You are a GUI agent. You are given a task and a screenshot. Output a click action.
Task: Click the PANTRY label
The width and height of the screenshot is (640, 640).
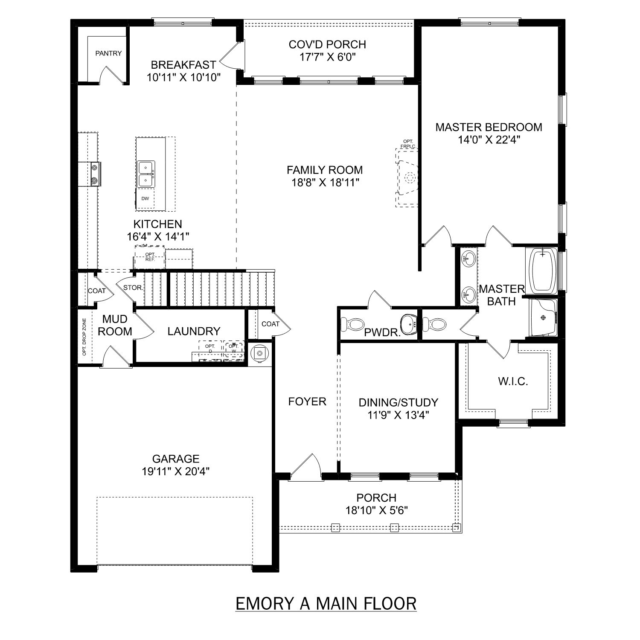pos(108,53)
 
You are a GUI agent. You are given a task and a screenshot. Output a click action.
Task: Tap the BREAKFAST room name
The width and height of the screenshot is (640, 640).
pos(183,65)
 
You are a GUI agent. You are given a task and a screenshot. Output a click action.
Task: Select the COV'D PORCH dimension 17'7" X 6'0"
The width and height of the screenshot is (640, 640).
pos(327,57)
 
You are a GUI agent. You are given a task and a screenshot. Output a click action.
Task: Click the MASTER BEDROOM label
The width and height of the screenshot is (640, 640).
pos(489,127)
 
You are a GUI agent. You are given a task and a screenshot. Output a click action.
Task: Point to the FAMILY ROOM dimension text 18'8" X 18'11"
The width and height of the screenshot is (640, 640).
pos(325,183)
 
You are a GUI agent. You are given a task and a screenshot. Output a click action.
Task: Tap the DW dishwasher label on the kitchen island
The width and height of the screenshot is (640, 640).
pos(145,198)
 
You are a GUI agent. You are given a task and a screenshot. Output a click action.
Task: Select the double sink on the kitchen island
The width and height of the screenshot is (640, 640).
pos(146,174)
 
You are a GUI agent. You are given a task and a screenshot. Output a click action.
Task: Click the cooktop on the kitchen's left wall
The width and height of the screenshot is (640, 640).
pos(94,174)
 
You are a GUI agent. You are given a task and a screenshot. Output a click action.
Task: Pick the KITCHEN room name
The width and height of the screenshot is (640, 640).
pos(157,224)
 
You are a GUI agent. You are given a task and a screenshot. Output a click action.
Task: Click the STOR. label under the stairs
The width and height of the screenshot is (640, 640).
pos(133,288)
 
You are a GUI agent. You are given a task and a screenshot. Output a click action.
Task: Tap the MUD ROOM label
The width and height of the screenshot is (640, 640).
pos(115,325)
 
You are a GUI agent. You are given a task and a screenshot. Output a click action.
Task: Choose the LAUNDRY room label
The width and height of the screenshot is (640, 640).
pos(194,331)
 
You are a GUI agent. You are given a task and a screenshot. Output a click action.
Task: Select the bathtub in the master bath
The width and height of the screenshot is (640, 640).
pos(542,271)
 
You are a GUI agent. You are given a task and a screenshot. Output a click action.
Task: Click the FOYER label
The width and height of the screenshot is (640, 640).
pos(307,401)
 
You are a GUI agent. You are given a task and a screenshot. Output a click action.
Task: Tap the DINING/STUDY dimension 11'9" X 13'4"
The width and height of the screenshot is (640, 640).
pos(398,415)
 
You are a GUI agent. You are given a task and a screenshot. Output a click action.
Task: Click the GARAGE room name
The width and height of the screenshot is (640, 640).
pos(176,459)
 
